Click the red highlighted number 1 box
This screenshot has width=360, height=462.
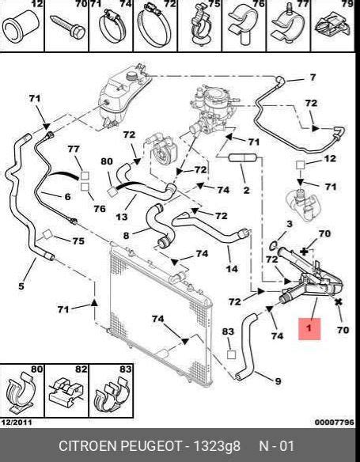click(x=309, y=329)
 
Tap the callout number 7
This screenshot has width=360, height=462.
click(x=313, y=78)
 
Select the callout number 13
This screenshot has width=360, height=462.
click(x=121, y=217)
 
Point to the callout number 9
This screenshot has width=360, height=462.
click(x=278, y=381)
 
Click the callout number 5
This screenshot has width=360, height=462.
click(x=21, y=286)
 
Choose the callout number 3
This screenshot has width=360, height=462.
click(x=290, y=224)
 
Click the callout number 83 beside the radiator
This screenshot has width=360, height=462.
click(x=228, y=331)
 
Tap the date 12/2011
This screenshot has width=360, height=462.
click(x=17, y=422)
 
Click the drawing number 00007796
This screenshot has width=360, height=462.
click(x=335, y=422)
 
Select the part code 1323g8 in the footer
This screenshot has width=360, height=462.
click(x=217, y=446)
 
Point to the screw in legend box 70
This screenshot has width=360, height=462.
click(x=68, y=27)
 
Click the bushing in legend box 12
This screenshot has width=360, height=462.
click(x=21, y=27)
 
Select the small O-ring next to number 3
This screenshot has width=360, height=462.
click(x=274, y=244)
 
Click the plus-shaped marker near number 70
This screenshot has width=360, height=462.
click(x=304, y=252)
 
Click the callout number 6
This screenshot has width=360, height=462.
click(x=67, y=196)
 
